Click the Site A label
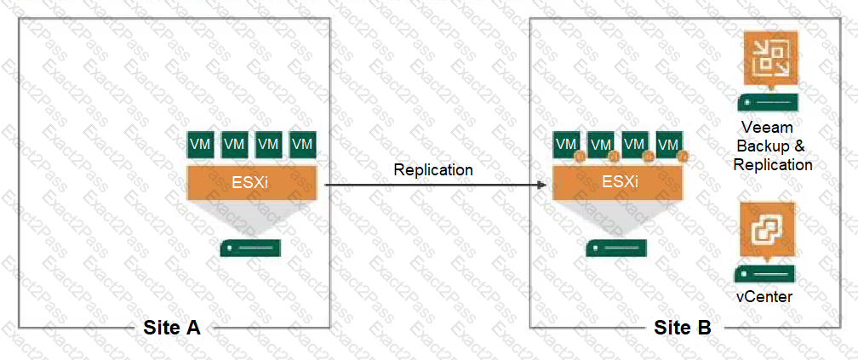[172, 328]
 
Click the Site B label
[683, 328]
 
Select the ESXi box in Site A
[252, 183]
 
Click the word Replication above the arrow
[432, 169]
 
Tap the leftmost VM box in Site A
[202, 145]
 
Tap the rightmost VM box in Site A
[302, 145]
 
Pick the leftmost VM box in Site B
[567, 145]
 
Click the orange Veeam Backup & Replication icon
[770, 58]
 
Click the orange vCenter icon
[767, 230]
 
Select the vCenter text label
[764, 296]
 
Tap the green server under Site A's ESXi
[250, 248]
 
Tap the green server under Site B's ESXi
[615, 248]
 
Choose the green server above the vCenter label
[764, 273]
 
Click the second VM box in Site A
[235, 145]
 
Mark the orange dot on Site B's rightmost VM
[682, 157]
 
